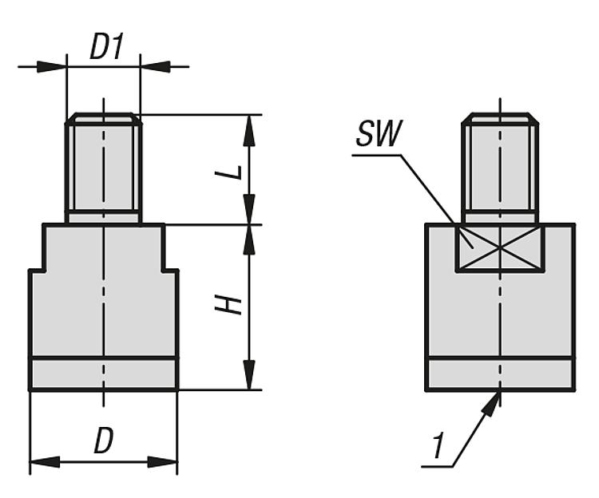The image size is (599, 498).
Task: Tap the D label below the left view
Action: coord(102,441)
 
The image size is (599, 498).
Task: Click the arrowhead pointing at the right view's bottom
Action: coord(494,404)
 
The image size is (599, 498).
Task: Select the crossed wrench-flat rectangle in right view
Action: coord(499,247)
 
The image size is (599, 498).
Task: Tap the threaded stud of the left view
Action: coord(104,168)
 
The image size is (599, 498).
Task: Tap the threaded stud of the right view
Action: coord(500,168)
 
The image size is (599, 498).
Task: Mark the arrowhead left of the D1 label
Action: coord(52,65)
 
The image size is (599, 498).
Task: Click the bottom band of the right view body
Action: coord(500,373)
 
